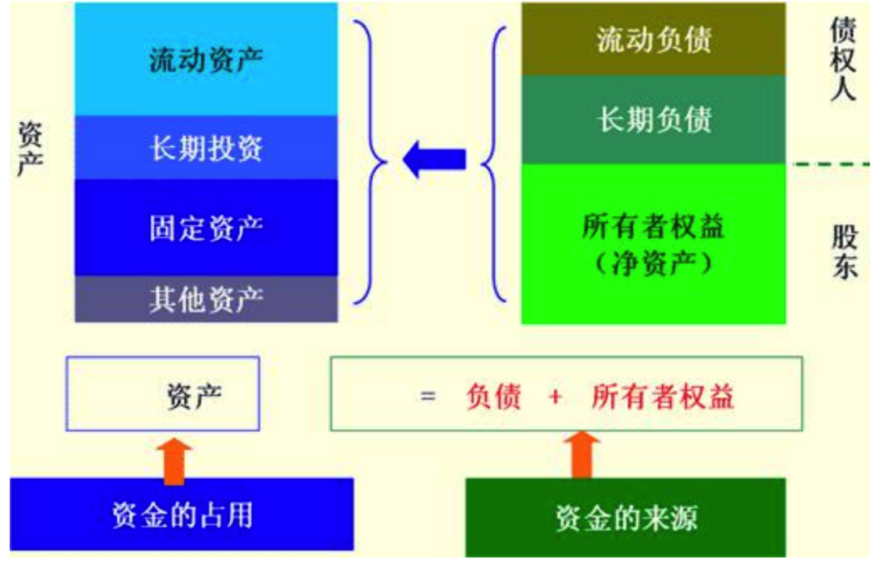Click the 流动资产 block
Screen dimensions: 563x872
(206, 61)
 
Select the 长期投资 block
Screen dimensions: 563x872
(206, 149)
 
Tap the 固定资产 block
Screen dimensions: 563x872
(206, 227)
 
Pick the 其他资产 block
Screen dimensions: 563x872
(206, 300)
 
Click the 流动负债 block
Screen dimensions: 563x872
(653, 40)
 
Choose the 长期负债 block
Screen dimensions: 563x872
(653, 120)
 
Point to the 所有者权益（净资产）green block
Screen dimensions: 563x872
(653, 242)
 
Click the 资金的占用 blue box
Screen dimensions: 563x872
(182, 515)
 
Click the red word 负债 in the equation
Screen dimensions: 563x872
(493, 396)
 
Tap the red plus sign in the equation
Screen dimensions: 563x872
(555, 396)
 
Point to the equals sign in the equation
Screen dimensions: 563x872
(428, 396)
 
